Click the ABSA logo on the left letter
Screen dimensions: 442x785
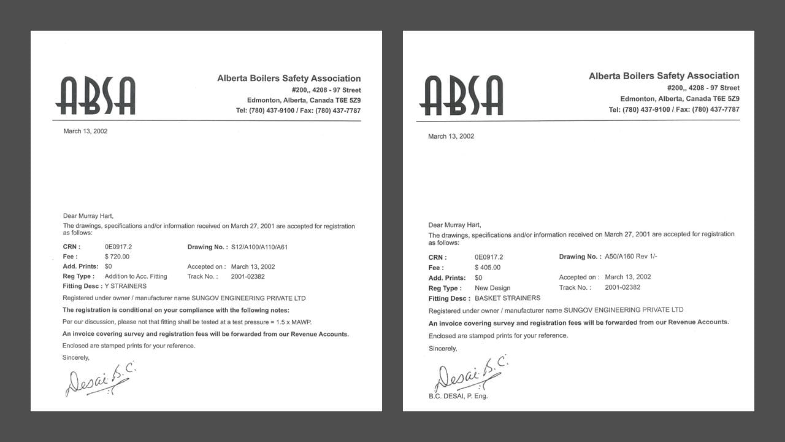pos(95,96)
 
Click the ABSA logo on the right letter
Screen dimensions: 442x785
pos(461,95)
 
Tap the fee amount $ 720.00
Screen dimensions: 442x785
pos(117,257)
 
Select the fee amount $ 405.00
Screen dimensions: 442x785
pos(488,268)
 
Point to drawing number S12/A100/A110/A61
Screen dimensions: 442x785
pos(259,247)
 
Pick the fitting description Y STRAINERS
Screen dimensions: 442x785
pos(126,286)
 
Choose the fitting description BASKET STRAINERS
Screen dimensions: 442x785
pos(507,298)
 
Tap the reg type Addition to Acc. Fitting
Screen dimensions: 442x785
pos(136,276)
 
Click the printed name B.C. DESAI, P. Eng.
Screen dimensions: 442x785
pos(458,396)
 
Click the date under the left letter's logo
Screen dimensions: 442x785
pos(85,131)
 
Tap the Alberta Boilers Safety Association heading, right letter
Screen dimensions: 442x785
pos(664,76)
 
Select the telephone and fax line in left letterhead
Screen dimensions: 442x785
pos(298,110)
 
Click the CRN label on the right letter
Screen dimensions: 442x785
pos(437,257)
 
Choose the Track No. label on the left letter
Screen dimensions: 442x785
pos(202,276)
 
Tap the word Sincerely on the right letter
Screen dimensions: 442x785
pos(443,349)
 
